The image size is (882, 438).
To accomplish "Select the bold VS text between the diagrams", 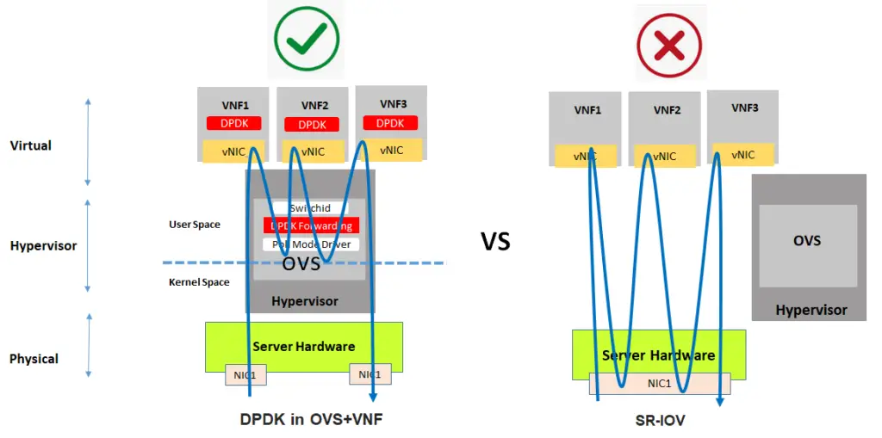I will click(495, 242).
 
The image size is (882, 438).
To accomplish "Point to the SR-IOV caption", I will click(658, 421).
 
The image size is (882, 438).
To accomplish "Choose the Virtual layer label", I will click(31, 145).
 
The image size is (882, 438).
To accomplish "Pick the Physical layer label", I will click(34, 358).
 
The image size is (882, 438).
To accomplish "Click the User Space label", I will click(194, 225).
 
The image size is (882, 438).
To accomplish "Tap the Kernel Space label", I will click(199, 282).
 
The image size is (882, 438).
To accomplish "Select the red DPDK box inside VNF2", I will click(312, 125).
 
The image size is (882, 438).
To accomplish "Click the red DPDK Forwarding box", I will click(311, 225).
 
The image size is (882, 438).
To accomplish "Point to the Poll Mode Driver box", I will click(311, 244).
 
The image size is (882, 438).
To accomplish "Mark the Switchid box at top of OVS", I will click(310, 208).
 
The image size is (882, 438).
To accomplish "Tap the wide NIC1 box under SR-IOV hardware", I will click(660, 384).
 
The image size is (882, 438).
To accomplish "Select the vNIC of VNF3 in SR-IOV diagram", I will click(742, 155).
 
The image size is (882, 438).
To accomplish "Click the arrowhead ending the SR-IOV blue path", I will click(720, 401).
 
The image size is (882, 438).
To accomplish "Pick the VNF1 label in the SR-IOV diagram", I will click(587, 110).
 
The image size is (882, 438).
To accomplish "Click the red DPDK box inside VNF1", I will click(233, 123).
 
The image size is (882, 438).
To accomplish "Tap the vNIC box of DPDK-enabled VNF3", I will click(391, 150).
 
